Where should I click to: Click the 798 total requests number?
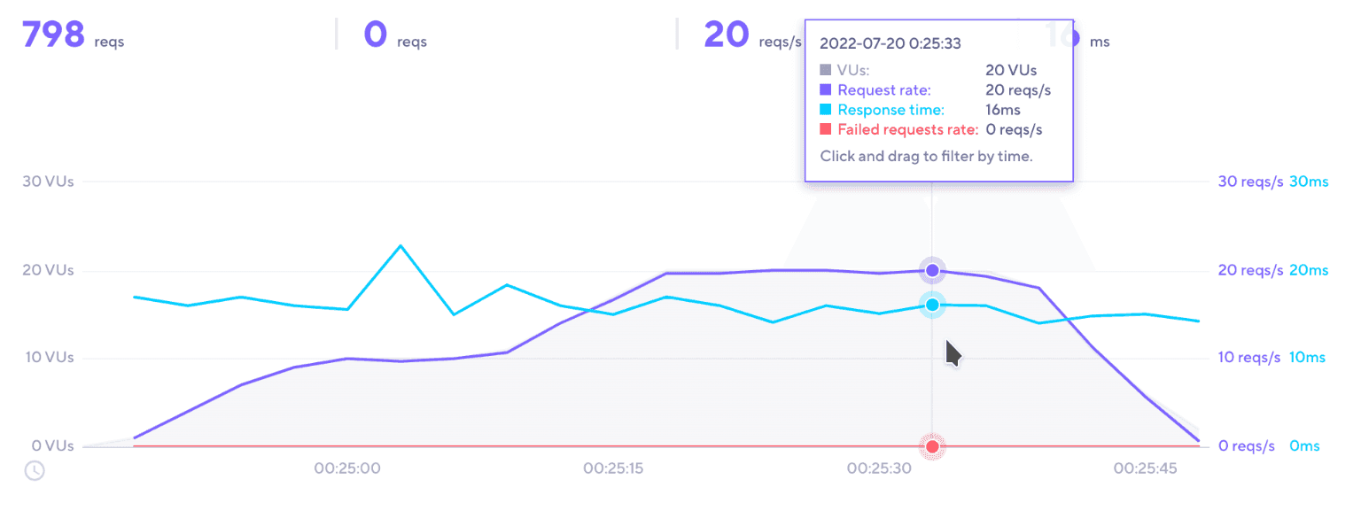click(x=53, y=35)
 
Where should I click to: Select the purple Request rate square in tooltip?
click(x=826, y=89)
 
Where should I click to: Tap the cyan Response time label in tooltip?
click(x=890, y=110)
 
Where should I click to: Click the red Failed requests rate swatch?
click(x=826, y=130)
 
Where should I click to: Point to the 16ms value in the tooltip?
click(x=1003, y=110)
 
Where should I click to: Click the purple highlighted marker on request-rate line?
click(x=932, y=270)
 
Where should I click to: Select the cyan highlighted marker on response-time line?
click(x=932, y=305)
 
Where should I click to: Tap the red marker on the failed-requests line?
click(x=932, y=446)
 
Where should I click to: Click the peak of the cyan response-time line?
click(x=401, y=245)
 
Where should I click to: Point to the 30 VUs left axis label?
click(x=49, y=182)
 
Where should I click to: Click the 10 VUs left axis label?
click(x=49, y=358)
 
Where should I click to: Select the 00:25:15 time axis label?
click(x=613, y=468)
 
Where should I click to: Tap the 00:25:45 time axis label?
click(x=1145, y=468)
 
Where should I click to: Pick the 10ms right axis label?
click(x=1307, y=358)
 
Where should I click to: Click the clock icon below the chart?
click(x=35, y=470)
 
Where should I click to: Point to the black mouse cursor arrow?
click(x=953, y=352)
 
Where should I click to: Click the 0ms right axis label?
click(x=1304, y=446)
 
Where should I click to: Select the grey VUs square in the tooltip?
click(x=826, y=69)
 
